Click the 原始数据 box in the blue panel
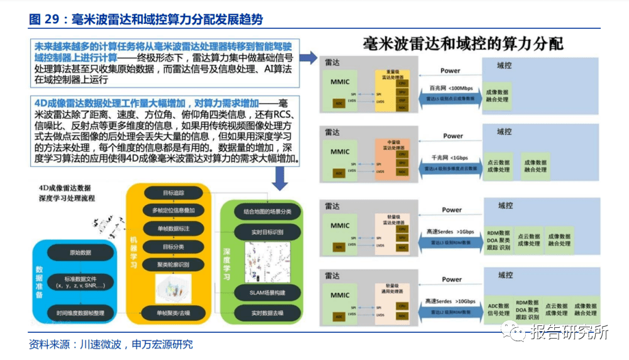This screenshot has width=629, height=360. pyautogui.click(x=80, y=252)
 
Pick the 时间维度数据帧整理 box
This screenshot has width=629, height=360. pyautogui.click(x=80, y=312)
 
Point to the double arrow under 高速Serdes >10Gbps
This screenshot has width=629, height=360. pyautogui.click(x=452, y=310)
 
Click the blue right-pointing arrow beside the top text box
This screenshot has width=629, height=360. pyautogui.click(x=308, y=59)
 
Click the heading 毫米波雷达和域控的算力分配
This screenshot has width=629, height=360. pyautogui.click(x=462, y=44)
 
